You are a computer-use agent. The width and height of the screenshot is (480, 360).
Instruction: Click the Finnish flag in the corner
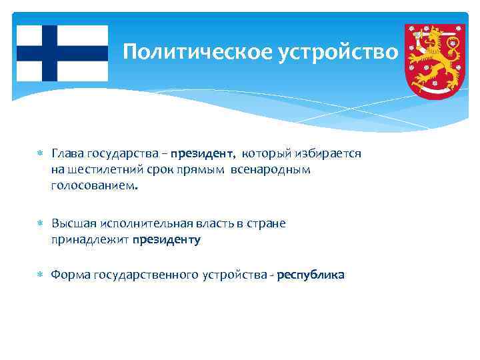62,53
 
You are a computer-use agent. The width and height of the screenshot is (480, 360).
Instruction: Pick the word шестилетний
101,170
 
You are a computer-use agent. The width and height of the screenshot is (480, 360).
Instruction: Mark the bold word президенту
166,240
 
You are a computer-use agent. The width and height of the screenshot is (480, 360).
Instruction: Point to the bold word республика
311,275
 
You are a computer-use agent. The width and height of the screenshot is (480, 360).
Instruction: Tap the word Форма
71,275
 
